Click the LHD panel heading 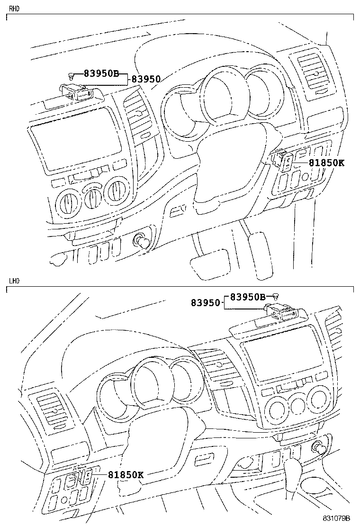[x=14, y=281]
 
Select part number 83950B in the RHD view [x=101, y=73]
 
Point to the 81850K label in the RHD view [x=326, y=163]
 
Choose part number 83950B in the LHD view [x=248, y=297]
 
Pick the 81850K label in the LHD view [x=125, y=474]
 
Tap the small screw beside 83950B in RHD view [x=71, y=74]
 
